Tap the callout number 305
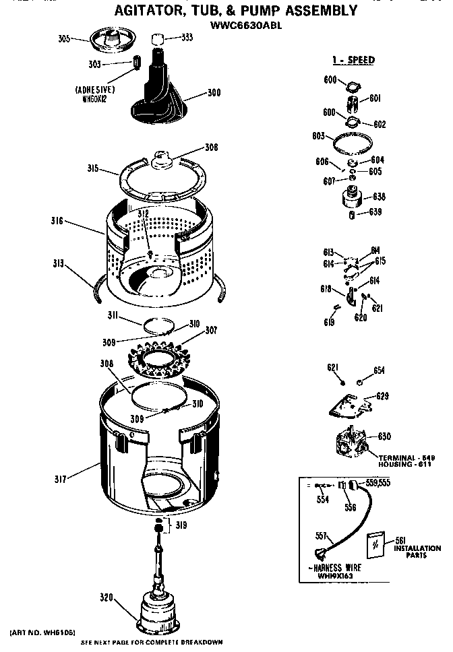(64, 39)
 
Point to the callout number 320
(107, 597)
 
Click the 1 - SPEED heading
(353, 60)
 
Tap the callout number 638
(379, 197)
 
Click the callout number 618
(326, 290)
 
